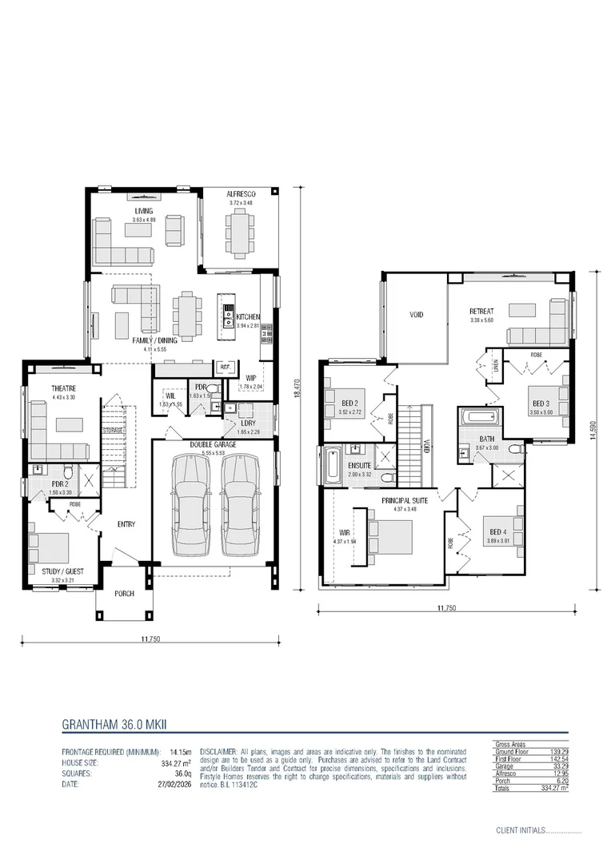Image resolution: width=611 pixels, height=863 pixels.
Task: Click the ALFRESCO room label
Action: tap(240, 194)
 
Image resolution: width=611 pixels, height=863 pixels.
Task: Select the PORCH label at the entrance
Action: tap(123, 594)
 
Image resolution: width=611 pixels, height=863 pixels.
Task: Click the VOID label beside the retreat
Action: tap(416, 315)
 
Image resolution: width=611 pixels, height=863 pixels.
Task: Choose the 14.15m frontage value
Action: tap(179, 753)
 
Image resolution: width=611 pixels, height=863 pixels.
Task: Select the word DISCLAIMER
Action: tap(218, 753)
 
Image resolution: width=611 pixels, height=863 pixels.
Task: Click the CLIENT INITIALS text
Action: tap(519, 830)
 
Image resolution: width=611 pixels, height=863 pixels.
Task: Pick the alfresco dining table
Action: tap(239, 232)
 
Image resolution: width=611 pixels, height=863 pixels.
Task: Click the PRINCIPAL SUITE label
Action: tap(404, 500)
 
